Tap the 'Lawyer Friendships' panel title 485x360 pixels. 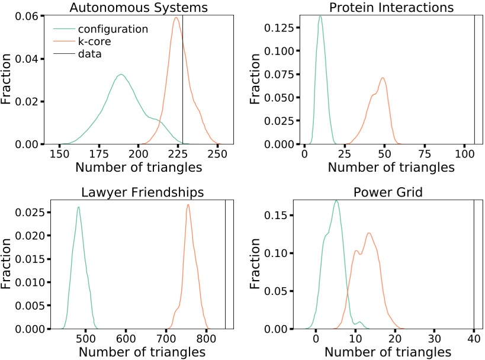138,192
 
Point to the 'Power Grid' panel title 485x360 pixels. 391,192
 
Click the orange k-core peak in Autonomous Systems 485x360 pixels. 176,17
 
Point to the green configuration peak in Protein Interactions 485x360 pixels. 320,17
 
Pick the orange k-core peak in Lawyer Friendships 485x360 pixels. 188,205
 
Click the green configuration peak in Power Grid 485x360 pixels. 336,201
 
